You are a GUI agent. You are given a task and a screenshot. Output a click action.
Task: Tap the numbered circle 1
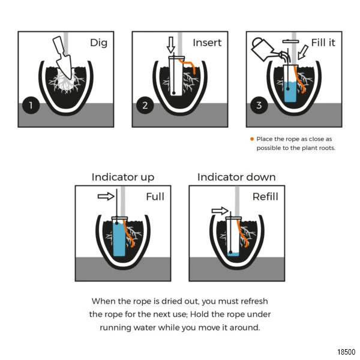(x=31, y=105)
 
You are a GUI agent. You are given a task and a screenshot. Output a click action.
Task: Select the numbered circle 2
(x=145, y=105)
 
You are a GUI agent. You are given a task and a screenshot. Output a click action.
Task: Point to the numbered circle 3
(x=259, y=105)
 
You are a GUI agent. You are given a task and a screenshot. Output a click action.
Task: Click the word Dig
(x=99, y=43)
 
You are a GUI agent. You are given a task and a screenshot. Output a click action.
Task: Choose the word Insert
(x=207, y=43)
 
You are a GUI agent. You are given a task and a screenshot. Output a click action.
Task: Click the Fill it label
(x=323, y=43)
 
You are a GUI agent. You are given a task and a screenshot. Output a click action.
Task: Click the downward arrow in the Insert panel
(x=171, y=45)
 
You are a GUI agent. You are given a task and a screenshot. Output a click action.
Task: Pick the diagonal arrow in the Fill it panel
(x=303, y=52)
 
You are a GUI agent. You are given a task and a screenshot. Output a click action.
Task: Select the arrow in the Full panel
(x=106, y=196)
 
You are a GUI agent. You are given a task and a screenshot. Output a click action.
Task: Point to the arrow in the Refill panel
(x=220, y=211)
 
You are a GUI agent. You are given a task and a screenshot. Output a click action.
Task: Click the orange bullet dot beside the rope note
(x=252, y=139)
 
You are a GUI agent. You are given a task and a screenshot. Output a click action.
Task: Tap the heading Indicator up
(x=123, y=177)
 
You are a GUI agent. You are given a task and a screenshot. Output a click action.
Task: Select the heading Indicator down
(x=236, y=177)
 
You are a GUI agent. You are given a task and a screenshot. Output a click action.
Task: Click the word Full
(x=155, y=197)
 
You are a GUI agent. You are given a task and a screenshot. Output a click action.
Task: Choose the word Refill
(x=265, y=197)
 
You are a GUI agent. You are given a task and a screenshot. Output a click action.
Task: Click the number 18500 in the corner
(x=346, y=352)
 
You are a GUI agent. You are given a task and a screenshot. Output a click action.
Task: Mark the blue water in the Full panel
(x=119, y=239)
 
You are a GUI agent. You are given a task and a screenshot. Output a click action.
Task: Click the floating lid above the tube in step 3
(x=290, y=41)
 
